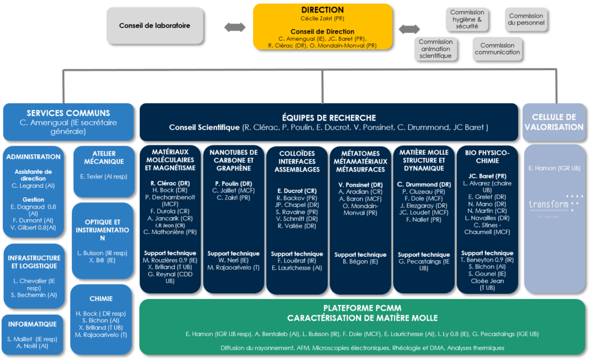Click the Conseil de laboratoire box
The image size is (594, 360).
tap(154, 26)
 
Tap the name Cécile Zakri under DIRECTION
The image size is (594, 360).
tap(322, 19)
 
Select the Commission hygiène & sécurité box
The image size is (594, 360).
tap(467, 19)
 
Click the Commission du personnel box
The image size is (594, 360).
tap(526, 19)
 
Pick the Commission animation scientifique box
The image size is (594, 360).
tap(435, 49)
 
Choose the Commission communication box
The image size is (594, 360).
tap(497, 49)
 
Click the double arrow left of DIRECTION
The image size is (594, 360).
tap(235, 27)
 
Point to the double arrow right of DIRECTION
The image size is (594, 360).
tap(410, 28)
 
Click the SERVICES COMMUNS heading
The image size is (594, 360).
tap(68, 113)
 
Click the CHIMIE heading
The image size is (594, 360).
tap(101, 299)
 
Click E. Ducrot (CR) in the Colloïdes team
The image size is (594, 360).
tap(296, 190)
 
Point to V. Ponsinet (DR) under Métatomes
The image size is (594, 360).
tap(360, 184)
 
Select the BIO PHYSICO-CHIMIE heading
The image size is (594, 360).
tap(487, 157)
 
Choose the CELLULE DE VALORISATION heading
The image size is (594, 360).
tap(553, 122)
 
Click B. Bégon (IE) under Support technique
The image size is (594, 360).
tap(360, 262)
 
